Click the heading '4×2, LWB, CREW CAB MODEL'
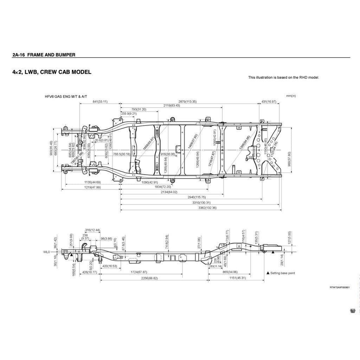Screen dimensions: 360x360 [x=52, y=72]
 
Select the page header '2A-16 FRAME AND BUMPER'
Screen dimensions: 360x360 [x=44, y=55]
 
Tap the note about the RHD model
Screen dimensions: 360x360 [x=283, y=77]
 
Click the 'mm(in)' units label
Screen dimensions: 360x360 [x=291, y=96]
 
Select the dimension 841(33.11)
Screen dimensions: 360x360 [x=100, y=102]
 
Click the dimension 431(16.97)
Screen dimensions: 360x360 [x=269, y=102]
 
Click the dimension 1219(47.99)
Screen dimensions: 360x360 [x=92, y=187]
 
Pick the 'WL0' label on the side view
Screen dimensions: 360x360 [x=47, y=252]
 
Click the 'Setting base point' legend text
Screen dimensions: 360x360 [x=283, y=273]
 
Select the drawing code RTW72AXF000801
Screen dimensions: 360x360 [x=340, y=288]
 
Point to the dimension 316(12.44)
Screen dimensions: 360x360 [x=93, y=230]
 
